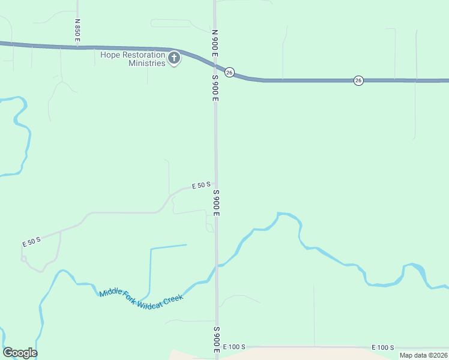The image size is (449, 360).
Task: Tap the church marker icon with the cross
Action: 174,58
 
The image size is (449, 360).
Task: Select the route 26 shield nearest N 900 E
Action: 229,72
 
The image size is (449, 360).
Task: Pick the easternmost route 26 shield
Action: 358,80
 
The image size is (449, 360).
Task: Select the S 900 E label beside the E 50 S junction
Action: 216,203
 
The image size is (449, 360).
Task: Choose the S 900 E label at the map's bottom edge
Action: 216,340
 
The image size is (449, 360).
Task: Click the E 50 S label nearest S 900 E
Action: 200,186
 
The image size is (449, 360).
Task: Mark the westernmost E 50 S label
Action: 31,242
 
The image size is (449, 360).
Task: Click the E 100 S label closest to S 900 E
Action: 234,347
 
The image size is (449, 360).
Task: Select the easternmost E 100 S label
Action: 382,347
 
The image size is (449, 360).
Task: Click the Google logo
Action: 20,353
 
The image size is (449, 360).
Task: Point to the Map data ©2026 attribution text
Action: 423,355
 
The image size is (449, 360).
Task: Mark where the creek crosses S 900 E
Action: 217,266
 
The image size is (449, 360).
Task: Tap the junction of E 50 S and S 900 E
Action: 215,185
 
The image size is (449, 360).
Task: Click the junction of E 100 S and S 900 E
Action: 217,347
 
